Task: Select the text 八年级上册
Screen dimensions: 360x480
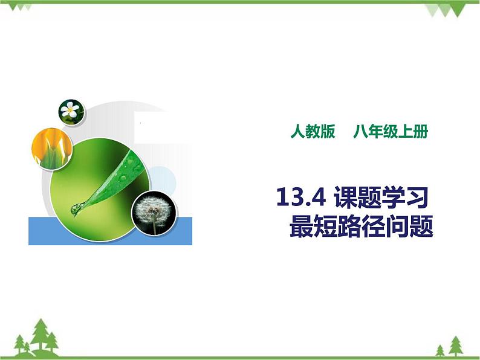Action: click(x=391, y=132)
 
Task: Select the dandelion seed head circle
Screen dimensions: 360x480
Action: click(x=153, y=212)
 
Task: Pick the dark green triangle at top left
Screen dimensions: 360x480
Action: click(x=24, y=7)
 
